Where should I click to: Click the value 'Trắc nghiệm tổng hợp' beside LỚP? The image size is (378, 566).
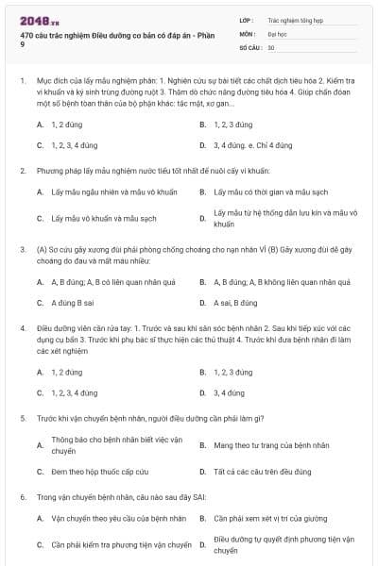point(296,19)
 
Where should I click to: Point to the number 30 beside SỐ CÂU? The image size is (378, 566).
point(271,47)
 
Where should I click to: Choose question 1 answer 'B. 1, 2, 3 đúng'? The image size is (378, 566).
point(226,125)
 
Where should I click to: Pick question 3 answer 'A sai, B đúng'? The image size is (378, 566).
point(235,303)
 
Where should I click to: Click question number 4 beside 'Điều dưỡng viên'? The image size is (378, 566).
point(22,328)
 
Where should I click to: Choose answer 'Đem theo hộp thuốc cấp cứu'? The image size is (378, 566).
point(94,470)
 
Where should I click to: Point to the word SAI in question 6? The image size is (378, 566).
point(195,495)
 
